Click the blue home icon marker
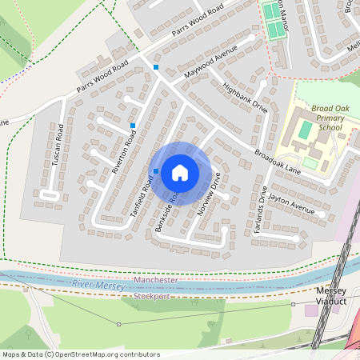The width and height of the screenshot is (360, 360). (180, 173)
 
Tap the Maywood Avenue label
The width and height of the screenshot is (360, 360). (212, 62)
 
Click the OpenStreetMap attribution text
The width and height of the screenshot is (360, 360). (81, 354)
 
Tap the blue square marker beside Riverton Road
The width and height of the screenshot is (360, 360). (133, 126)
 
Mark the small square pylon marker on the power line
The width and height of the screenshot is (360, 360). (118, 324)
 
